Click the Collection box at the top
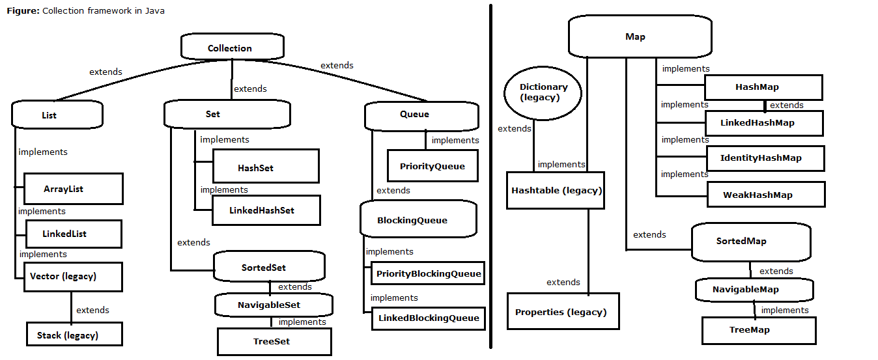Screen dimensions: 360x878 (232, 48)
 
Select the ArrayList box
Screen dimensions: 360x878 (73, 189)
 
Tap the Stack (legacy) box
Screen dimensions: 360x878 (74, 335)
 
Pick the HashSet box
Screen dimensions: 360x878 (265, 167)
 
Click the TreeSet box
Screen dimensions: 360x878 (274, 341)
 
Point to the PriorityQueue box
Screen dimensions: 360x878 (432, 166)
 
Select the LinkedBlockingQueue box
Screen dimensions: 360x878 (429, 318)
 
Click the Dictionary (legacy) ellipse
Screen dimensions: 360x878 (543, 92)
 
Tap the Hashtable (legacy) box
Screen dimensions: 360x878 (556, 190)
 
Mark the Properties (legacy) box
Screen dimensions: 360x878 (563, 312)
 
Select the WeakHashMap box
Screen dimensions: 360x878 (765, 195)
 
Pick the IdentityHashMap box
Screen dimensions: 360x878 (765, 158)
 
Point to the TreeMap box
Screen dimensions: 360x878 (758, 330)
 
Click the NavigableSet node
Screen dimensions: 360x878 (274, 304)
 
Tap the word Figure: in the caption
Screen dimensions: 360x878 (23, 11)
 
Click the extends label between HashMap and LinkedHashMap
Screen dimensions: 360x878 (786, 105)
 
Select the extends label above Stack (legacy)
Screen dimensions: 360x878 (92, 310)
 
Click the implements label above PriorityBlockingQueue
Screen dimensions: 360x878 (389, 251)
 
